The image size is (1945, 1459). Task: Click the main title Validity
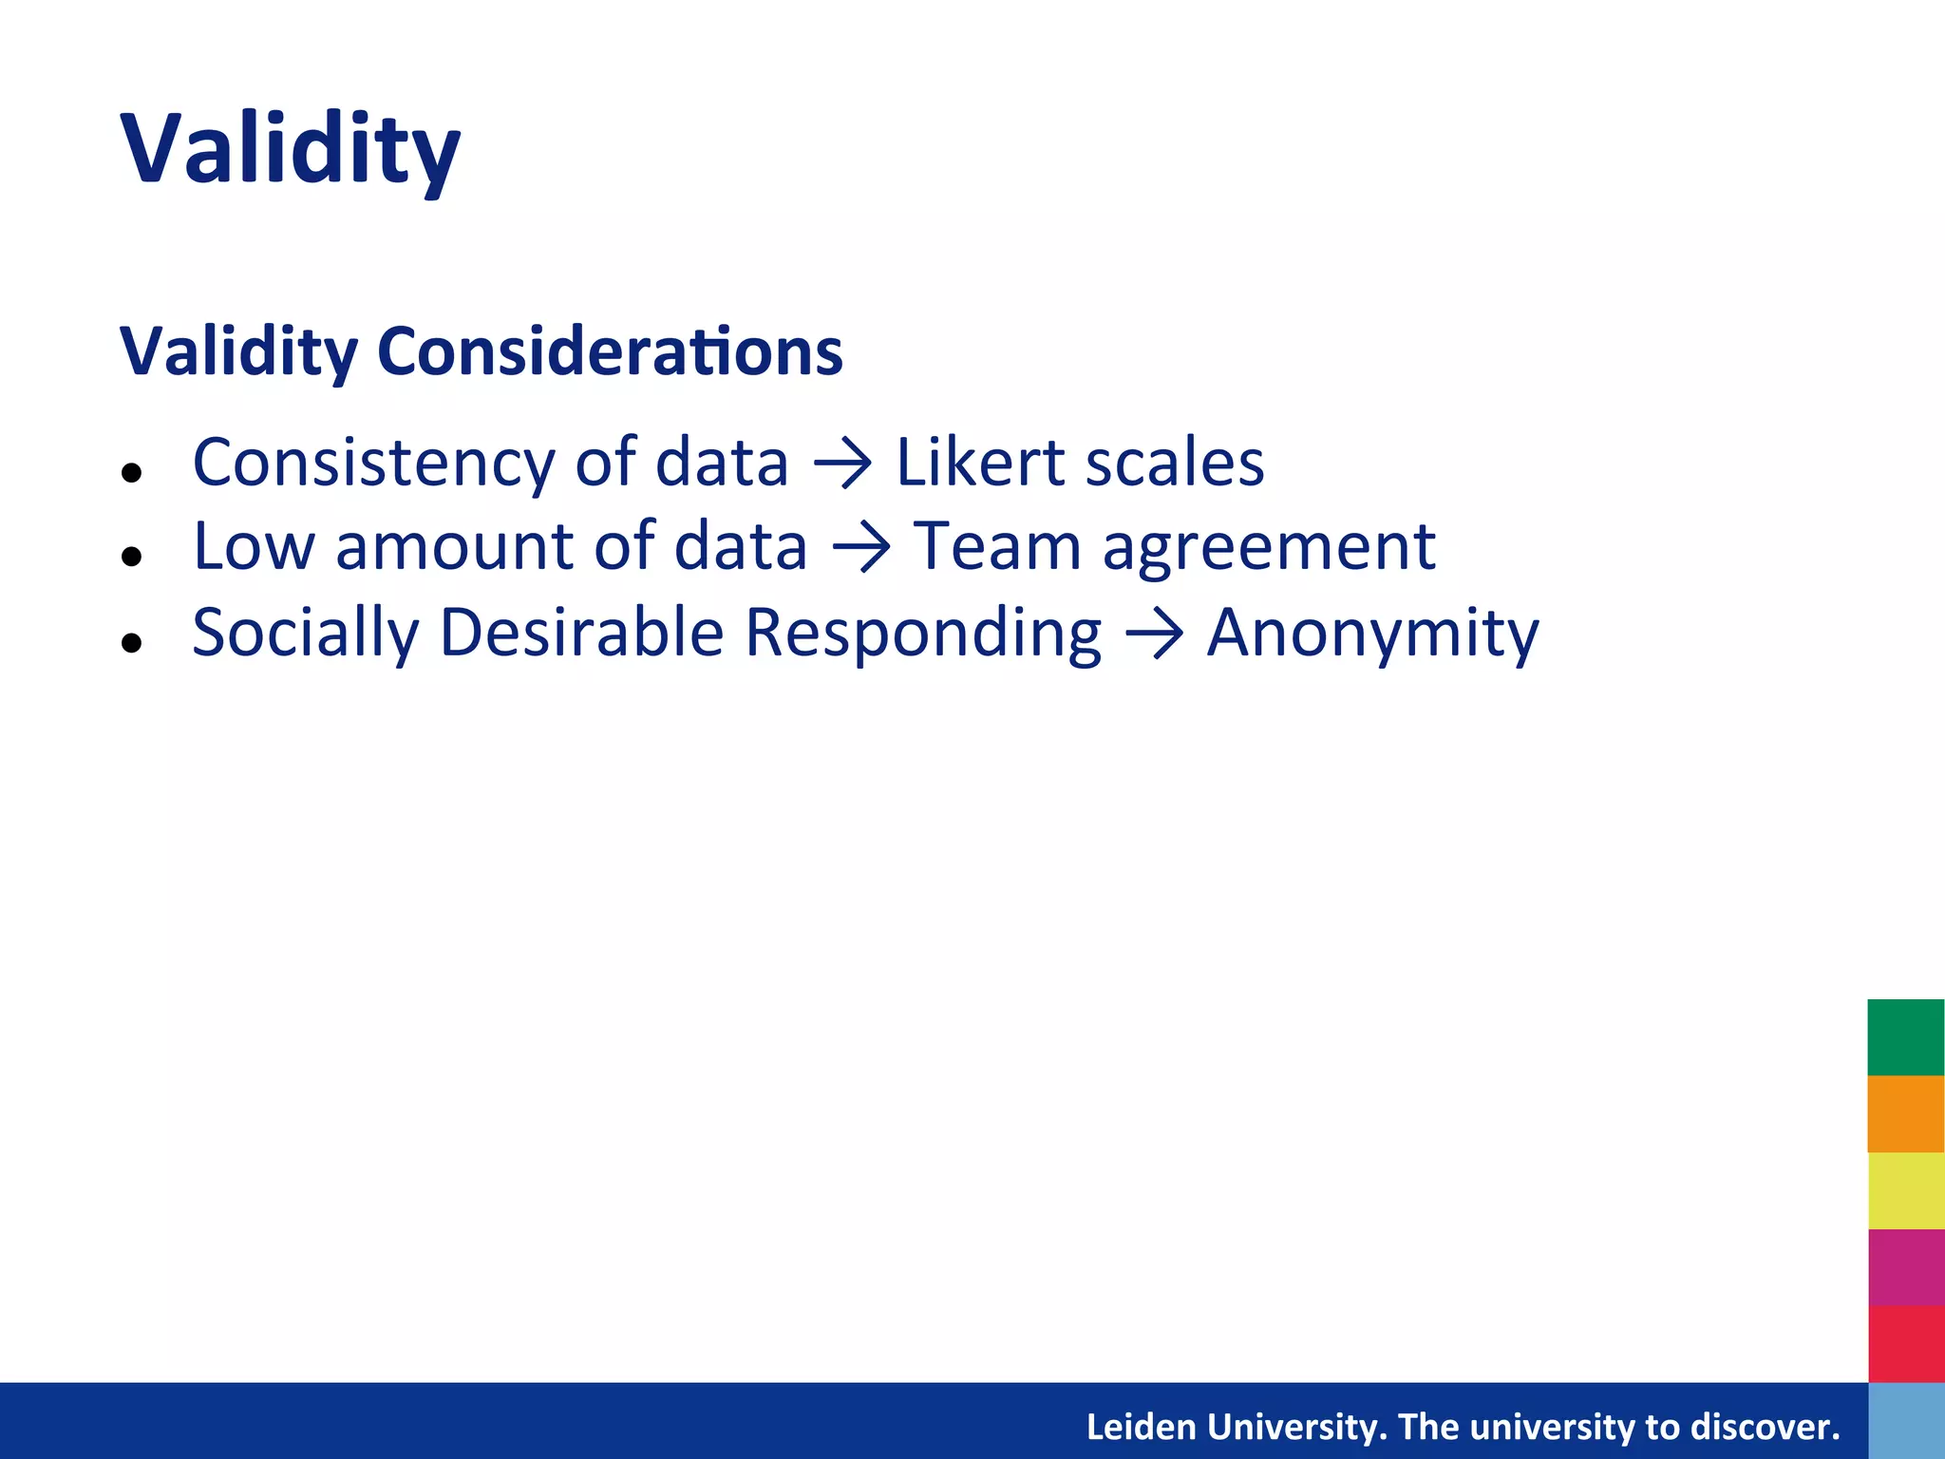click(290, 150)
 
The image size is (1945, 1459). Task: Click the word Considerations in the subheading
click(610, 351)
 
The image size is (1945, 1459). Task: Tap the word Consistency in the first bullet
click(372, 464)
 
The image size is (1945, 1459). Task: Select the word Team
click(997, 547)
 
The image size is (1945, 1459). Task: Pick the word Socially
click(305, 634)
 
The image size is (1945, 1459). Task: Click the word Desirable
click(581, 632)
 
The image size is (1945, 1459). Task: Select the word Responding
click(922, 634)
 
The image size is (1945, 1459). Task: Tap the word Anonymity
click(1372, 634)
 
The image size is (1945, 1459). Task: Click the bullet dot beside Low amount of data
click(132, 558)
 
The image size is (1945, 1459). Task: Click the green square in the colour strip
click(1905, 1037)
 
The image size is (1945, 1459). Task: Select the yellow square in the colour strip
click(1905, 1190)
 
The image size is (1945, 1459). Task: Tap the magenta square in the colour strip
click(1905, 1267)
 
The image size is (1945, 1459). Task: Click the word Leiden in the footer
click(1141, 1427)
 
